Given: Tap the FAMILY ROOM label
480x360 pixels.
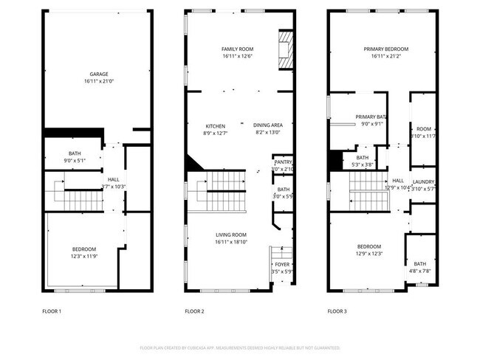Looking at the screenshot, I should [237, 49].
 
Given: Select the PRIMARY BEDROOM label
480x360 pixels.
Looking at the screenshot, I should [385, 49].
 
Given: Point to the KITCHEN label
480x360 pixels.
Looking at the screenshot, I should [215, 125].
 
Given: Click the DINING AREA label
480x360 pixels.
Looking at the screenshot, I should [268, 125].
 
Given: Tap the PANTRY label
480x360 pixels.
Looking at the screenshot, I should [283, 162].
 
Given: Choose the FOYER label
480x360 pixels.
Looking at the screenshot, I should [283, 264].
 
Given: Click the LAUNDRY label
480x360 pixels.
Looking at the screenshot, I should [423, 181].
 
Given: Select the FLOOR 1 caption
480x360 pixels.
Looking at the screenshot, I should [52, 311].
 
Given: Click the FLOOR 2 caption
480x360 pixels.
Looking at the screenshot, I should [194, 311].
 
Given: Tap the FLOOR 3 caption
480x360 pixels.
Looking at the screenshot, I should [337, 311].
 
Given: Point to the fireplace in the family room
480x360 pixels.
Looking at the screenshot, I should [284, 50].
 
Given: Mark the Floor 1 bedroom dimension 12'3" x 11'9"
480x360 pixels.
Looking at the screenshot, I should [83, 257].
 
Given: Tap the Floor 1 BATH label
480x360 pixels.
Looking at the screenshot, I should [75, 153].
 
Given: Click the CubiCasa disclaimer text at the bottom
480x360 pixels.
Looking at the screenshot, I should [240, 347].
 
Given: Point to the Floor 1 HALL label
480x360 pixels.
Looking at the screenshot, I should [113, 179].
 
